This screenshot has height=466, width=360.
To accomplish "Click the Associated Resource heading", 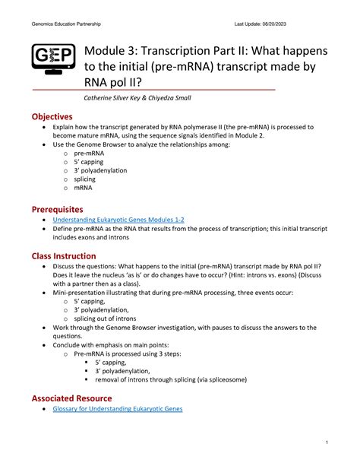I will [71, 398].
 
